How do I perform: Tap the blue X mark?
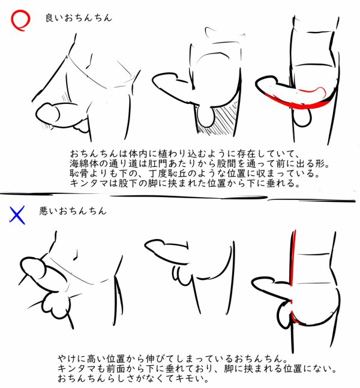point(17,215)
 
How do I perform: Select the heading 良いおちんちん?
point(79,18)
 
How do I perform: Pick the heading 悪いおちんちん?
point(73,211)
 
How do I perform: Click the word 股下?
point(128,183)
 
